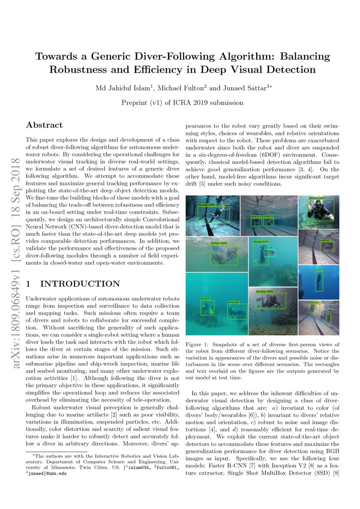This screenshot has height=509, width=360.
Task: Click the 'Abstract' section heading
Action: pyautogui.click(x=44, y=125)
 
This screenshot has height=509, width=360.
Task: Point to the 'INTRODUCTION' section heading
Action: pyautogui.click(x=80, y=284)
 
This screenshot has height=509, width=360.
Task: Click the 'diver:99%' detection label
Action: pyautogui.click(x=207, y=204)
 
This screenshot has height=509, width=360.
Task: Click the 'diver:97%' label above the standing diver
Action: pyautogui.click(x=261, y=241)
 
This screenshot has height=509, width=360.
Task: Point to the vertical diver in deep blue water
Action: pyautogui.click(x=319, y=281)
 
